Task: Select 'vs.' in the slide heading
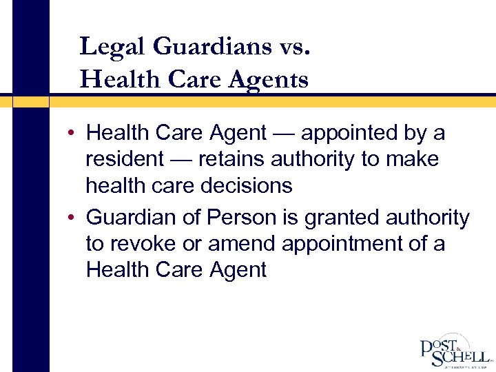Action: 296,46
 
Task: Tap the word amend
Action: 238,244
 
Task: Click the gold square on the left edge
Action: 31,101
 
